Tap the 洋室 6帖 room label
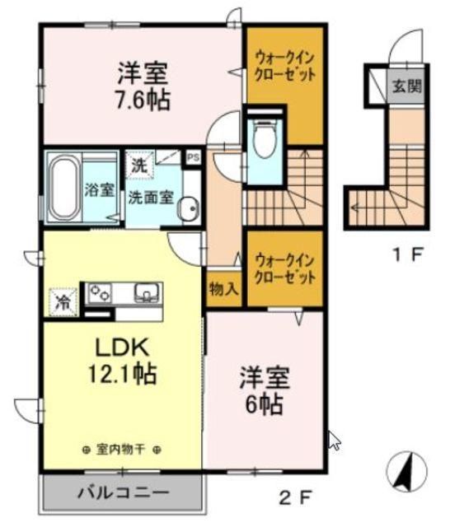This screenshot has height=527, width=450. pos(264,391)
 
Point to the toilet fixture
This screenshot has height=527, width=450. pos(265,141)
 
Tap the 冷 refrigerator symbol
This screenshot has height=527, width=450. pos(63,301)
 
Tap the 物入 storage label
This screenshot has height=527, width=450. pos(224,290)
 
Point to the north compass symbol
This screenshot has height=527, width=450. pos(406,473)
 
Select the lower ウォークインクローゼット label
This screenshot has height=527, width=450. pos(285,268)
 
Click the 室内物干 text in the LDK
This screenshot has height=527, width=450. pos(121,448)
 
